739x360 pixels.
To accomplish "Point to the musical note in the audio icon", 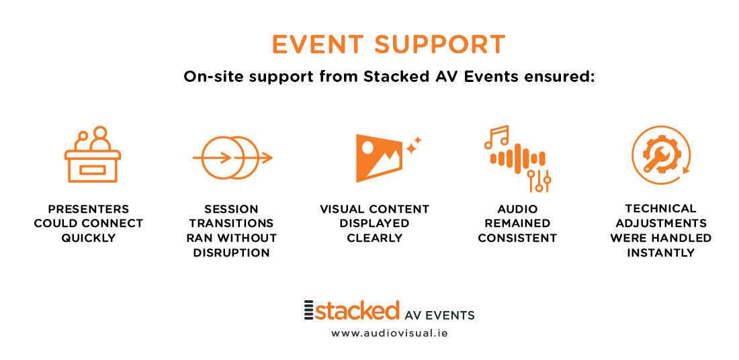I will tap(496, 136).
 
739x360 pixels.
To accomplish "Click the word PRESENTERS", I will tap(89, 210).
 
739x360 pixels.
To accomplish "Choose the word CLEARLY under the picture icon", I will tap(375, 238).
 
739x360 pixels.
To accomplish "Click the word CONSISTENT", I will tap(517, 238).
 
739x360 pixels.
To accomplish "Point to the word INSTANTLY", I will tap(661, 253).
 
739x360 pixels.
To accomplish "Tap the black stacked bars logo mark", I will tap(309, 310).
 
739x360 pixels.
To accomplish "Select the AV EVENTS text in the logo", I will tap(440, 315).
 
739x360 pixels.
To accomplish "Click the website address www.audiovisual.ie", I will tap(389, 333).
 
